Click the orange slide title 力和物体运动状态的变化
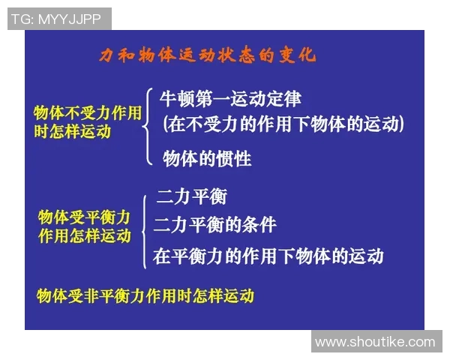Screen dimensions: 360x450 pos(208,55)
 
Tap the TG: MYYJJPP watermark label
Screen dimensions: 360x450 pos(59,19)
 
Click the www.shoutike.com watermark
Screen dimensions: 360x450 pos(375,342)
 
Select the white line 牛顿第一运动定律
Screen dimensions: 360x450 pos(230,98)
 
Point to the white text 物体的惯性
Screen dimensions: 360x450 pos(207,158)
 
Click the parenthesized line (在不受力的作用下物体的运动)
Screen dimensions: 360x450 pos(283,124)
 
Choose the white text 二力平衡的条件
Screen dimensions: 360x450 pos(215,224)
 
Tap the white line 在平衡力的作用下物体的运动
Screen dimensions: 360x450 pos(268,255)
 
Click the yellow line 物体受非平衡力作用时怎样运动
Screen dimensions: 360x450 pos(145,295)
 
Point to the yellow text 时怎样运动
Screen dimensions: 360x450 pos(72,131)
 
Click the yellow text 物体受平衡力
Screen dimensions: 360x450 pos(84,217)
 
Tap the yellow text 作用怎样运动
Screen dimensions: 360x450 pos(84,235)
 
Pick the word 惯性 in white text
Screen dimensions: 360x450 pos(234,158)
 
